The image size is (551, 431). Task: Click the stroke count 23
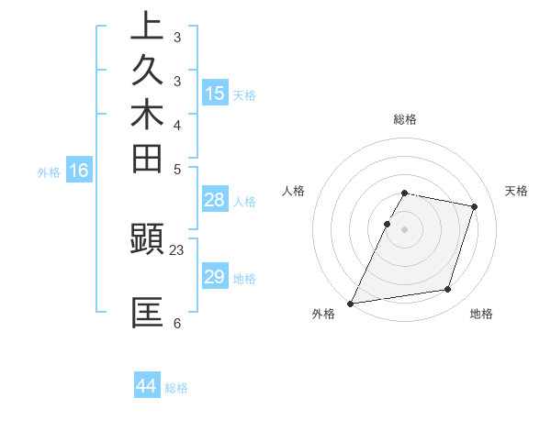(177, 248)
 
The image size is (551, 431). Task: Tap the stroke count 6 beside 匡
(177, 323)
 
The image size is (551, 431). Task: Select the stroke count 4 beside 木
(177, 124)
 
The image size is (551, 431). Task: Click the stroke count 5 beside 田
(177, 169)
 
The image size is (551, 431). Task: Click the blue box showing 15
(215, 93)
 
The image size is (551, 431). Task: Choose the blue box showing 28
(215, 200)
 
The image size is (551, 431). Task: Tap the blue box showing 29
(215, 277)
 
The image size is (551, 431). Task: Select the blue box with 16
(80, 170)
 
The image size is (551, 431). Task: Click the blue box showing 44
(147, 386)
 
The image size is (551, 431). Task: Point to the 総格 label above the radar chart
(405, 119)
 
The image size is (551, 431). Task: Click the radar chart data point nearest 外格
(351, 304)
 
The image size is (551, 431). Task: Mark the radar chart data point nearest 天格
(475, 206)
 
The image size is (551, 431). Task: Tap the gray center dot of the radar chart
(405, 228)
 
